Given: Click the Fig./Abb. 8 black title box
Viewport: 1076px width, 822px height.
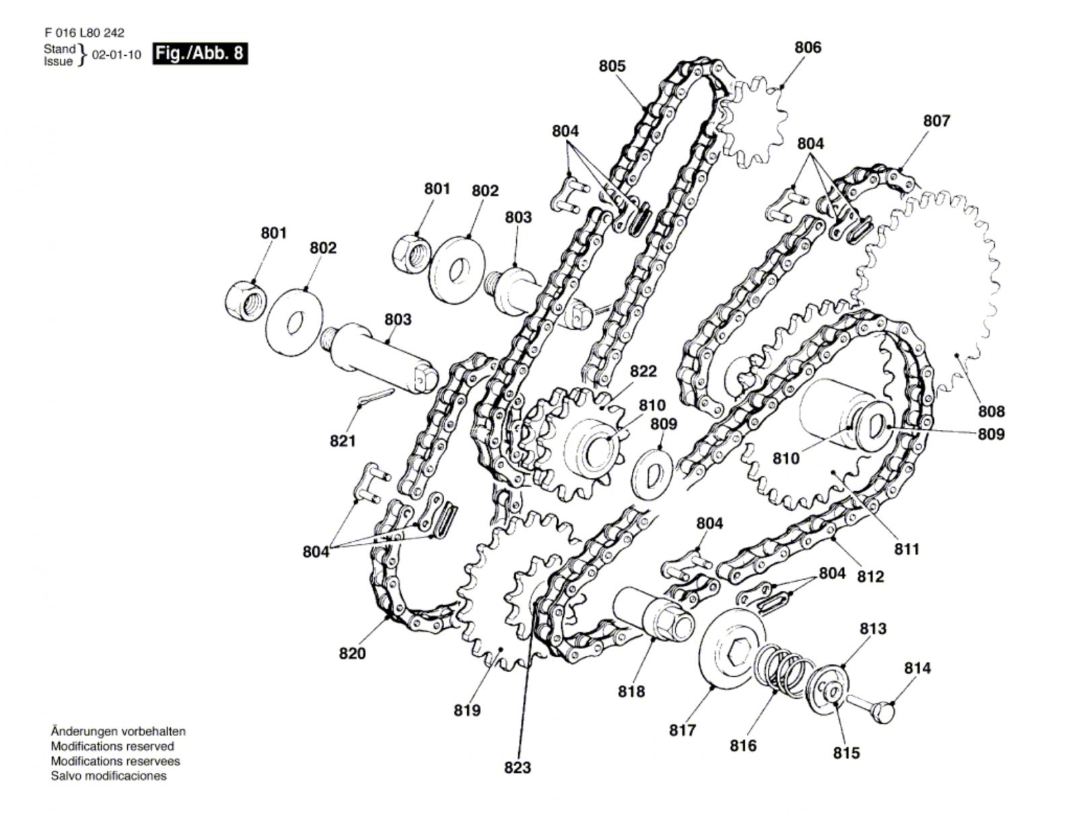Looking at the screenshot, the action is tap(199, 53).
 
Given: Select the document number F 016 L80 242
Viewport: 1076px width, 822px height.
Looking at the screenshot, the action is tap(84, 33).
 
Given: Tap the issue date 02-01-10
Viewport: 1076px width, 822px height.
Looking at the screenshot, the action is tap(116, 55).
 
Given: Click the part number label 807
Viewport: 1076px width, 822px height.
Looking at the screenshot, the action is tap(936, 120).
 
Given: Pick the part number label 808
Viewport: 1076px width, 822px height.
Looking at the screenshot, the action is tap(991, 412).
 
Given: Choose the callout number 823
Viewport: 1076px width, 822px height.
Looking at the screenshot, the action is tap(517, 768).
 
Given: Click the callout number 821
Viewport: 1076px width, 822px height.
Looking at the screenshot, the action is tap(343, 441).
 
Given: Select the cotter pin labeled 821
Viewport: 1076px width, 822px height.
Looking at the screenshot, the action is tap(375, 396).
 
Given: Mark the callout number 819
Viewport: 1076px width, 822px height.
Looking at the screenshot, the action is tap(467, 710).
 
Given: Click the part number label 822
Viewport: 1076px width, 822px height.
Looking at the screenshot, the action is tap(643, 371).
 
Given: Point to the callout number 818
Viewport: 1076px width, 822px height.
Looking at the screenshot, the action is tap(631, 692).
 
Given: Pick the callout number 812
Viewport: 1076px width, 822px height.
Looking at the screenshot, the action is tap(871, 576).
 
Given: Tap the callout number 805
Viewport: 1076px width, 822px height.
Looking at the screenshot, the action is tap(612, 66).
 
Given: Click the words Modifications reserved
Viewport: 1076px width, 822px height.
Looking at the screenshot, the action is tap(112, 746).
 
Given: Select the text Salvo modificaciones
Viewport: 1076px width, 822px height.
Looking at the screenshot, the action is tap(108, 776).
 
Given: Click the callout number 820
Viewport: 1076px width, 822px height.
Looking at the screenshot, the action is tap(353, 653).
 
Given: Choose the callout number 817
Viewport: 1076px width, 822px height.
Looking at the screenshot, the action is tap(683, 731).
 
